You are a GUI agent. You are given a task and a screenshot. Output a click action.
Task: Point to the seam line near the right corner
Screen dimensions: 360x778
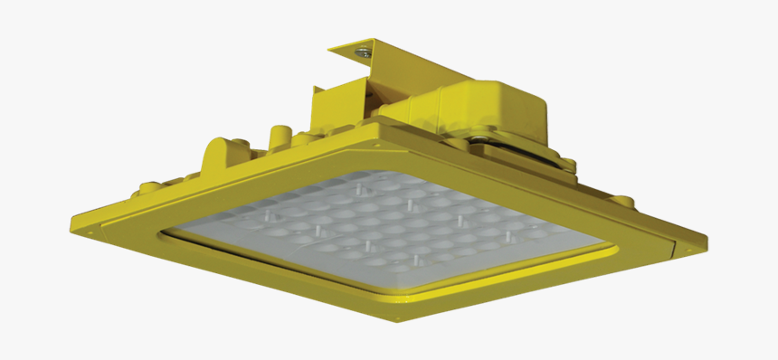click(674, 244)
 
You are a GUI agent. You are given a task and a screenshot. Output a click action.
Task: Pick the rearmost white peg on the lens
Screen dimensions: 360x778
click(360, 188)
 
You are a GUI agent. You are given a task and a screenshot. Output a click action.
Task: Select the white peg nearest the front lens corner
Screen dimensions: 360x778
click(415, 263)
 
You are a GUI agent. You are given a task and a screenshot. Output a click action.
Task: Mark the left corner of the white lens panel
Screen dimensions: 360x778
click(163, 237)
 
